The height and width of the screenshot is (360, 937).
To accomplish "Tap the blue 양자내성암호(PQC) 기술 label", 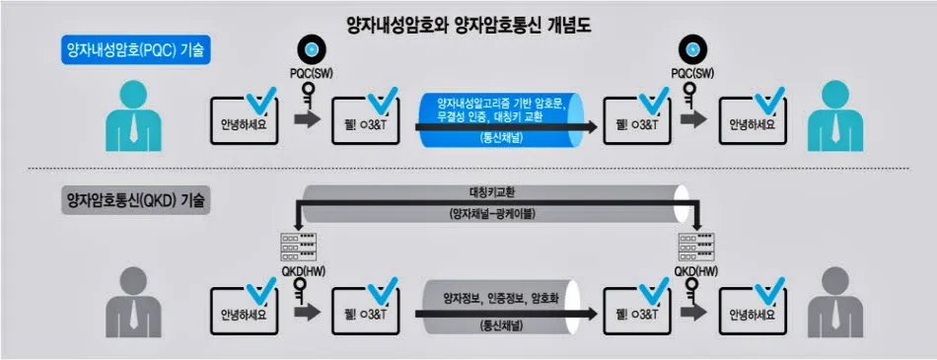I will pos(132,51).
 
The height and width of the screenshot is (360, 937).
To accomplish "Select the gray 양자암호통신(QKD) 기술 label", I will pos(132,200).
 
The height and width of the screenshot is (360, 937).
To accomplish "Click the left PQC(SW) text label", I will pos(311,73).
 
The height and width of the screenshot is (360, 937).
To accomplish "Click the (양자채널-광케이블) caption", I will pos(489,213).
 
